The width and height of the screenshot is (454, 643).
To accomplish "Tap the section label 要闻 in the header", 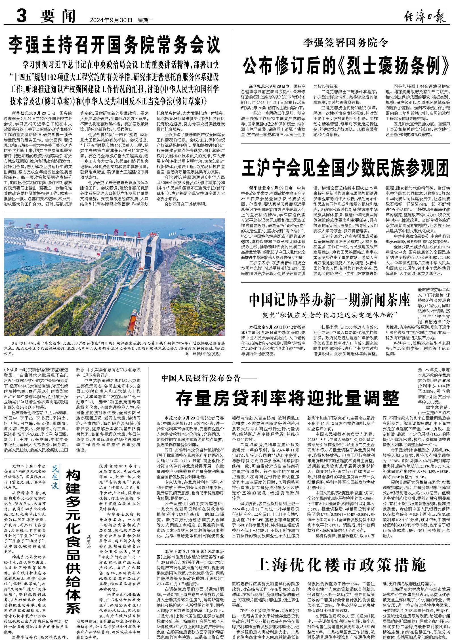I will tap(58, 16).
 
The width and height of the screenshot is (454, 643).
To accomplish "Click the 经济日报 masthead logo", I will tap(424, 17).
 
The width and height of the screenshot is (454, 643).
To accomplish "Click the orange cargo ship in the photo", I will tap(132, 323).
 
